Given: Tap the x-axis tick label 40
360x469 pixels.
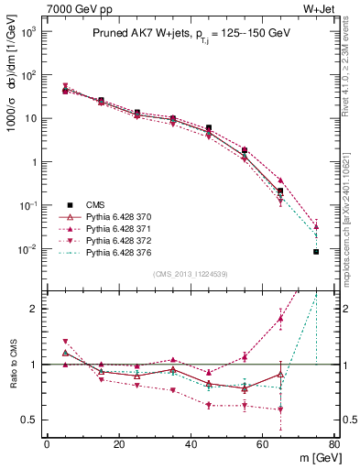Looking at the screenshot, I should click(191, 444).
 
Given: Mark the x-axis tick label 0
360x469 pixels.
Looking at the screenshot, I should click(47, 444).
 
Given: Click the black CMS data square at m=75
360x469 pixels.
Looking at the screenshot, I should click(316, 251).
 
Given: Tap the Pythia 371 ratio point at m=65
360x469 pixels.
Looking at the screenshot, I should click(280, 318).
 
